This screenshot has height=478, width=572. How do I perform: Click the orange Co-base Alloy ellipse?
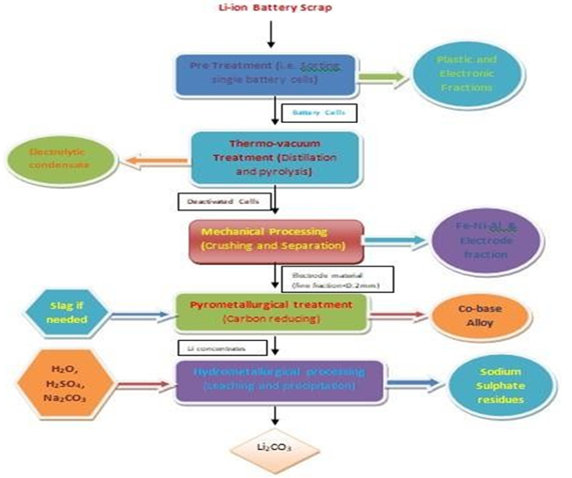pyautogui.click(x=477, y=316)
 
